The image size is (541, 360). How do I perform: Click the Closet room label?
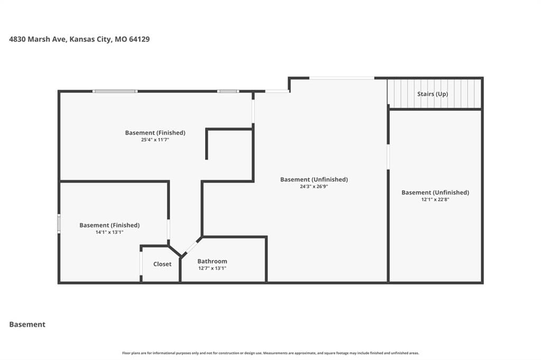click(162, 264)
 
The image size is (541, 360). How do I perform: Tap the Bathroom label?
click(212, 261)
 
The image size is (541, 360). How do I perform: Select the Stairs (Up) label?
click(433, 94)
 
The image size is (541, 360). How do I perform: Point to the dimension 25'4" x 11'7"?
click(155, 140)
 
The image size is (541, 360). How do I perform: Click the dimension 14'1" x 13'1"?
click(109, 232)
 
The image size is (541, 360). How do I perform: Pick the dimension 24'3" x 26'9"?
click(314, 186)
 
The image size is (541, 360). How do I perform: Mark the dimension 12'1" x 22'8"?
click(435, 200)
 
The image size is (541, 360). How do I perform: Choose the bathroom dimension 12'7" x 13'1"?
click(212, 268)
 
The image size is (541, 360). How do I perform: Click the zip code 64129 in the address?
click(139, 39)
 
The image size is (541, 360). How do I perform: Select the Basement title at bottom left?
click(27, 325)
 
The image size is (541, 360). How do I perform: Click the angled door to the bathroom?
click(190, 247)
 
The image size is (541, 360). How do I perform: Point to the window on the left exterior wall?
click(59, 223)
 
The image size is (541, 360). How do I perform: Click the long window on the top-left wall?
click(115, 91)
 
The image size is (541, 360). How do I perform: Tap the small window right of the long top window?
click(228, 91)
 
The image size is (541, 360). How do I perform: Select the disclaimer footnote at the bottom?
click(270, 353)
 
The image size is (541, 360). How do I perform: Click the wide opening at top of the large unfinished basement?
click(342, 78)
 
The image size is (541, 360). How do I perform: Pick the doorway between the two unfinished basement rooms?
click(388, 157)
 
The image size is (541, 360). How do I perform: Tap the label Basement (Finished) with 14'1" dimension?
click(109, 225)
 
